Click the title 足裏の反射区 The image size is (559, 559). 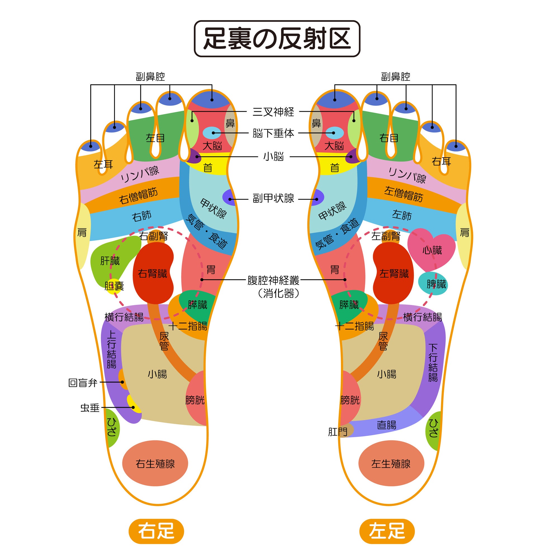[277, 39]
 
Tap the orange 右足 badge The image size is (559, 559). [156, 531]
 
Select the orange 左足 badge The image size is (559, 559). [387, 531]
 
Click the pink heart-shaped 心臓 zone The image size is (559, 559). [431, 249]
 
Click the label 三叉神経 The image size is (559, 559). [273, 112]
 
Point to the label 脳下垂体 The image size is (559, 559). [273, 133]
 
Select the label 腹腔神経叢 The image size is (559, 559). [273, 280]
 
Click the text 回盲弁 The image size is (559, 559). [83, 383]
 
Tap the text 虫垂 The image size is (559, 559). [90, 408]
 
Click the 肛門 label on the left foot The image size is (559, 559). [337, 432]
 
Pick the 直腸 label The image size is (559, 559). [386, 425]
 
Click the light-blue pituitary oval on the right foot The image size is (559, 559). [212, 133]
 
